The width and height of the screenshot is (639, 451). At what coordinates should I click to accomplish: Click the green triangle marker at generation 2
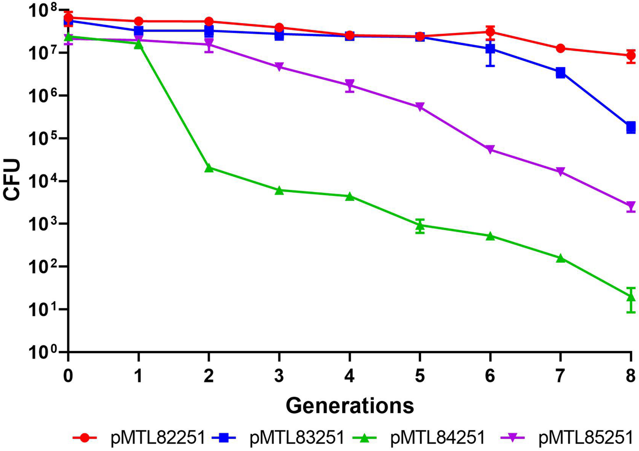[x=209, y=168]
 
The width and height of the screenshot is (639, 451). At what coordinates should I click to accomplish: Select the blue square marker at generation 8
[x=631, y=127]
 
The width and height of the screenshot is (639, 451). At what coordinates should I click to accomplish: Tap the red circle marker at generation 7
[x=561, y=48]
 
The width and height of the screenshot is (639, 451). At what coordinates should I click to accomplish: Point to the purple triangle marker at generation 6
[x=490, y=149]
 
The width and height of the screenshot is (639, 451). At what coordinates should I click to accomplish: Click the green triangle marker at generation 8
[x=631, y=297]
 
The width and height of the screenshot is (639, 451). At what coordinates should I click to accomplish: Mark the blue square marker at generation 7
[x=561, y=73]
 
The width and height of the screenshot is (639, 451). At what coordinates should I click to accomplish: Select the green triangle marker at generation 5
[x=420, y=225]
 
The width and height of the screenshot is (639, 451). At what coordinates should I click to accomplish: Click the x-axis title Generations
[x=350, y=406]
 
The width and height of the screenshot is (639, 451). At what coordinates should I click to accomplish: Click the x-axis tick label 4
[x=350, y=376]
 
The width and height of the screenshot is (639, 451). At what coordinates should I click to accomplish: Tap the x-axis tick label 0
[x=68, y=376]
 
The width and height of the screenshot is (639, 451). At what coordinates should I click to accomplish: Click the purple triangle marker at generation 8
[x=631, y=206]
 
